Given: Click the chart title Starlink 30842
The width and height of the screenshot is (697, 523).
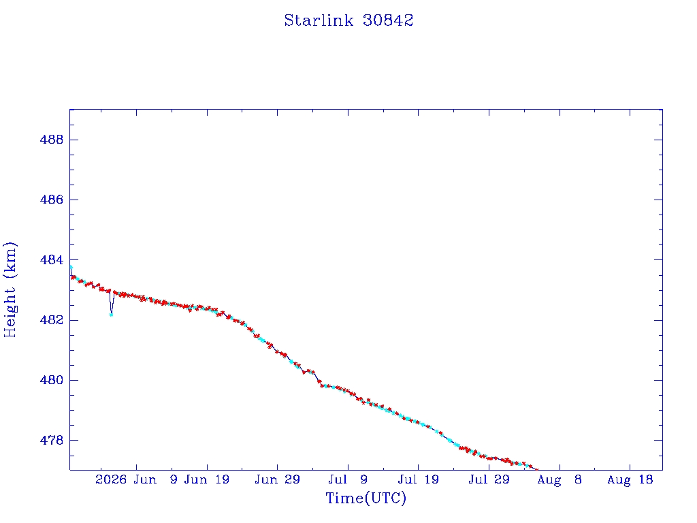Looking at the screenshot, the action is point(348,20).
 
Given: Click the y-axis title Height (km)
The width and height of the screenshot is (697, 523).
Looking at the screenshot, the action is point(10,289).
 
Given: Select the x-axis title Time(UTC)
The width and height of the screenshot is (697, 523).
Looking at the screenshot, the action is point(366,498).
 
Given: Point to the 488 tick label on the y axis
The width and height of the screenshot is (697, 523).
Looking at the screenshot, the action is point(52,140).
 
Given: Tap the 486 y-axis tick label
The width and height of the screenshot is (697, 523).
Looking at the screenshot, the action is point(52,200).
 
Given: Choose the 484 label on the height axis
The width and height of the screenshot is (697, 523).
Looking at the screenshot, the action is point(52,259).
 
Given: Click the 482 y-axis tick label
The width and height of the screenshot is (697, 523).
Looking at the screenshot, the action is point(52,320).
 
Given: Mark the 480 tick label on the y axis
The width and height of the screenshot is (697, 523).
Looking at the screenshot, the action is point(52,380).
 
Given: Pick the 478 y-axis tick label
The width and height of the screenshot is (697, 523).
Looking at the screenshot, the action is point(52,441).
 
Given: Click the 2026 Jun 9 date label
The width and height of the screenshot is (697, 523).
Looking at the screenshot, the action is point(136,479).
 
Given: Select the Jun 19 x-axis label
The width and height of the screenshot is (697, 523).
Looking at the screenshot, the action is point(207,479).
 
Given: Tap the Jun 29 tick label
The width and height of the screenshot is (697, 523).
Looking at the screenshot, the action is point(278,479).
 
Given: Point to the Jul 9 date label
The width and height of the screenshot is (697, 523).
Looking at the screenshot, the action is point(348,479).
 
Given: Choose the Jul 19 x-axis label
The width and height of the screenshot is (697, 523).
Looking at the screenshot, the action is point(419,479).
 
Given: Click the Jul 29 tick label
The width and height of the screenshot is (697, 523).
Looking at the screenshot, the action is point(489,479).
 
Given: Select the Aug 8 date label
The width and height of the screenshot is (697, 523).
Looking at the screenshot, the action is point(560,479).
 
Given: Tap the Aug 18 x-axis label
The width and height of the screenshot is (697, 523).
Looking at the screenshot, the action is point(630,479).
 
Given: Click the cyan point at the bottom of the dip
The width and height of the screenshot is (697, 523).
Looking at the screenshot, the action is point(111,315).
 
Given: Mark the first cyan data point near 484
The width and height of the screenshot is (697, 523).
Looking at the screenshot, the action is point(71,267).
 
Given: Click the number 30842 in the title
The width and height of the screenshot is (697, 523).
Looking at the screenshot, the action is point(388,20).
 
